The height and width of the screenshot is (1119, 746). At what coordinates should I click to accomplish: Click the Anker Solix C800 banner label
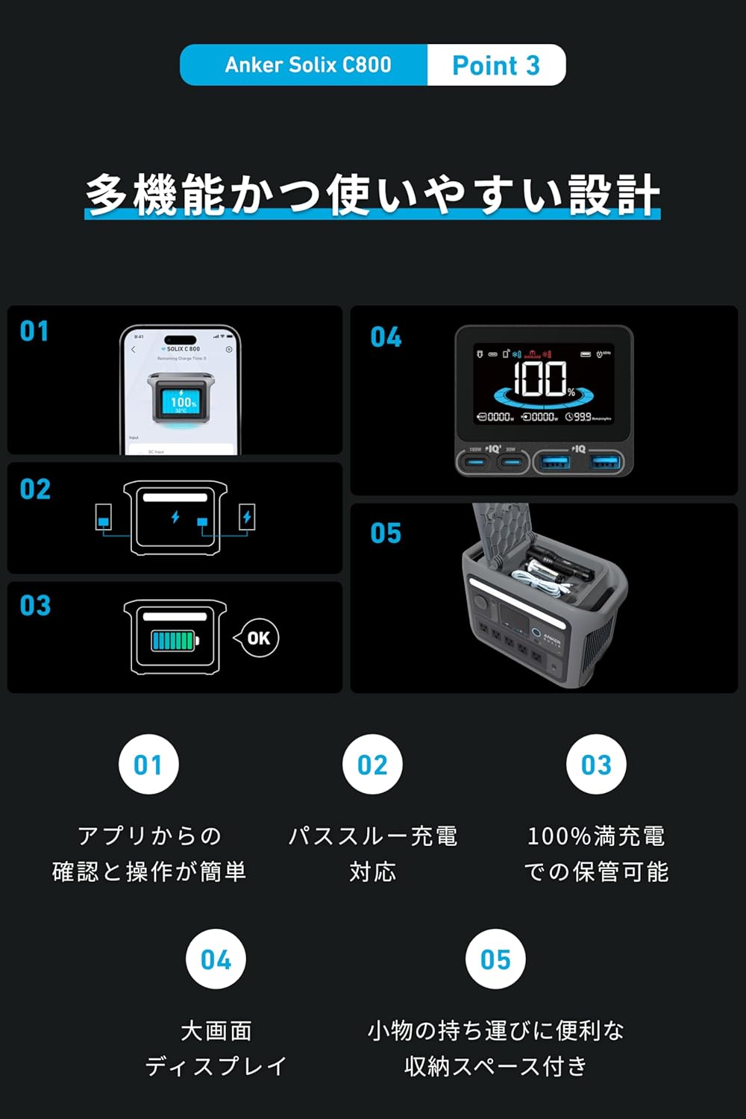coord(307,65)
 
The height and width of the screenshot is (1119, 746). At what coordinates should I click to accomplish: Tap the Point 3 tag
coord(495,66)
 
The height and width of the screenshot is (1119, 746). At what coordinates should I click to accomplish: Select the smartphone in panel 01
coord(180,389)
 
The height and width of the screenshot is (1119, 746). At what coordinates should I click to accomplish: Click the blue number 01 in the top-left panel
coord(34,330)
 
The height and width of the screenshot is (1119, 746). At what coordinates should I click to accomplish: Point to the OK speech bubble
coord(257,638)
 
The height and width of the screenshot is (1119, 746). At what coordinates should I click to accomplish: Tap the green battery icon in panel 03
coord(174,640)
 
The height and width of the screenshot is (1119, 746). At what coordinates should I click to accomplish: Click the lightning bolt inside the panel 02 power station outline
coord(175,516)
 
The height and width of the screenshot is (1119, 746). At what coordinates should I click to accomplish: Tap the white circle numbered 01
coord(148,765)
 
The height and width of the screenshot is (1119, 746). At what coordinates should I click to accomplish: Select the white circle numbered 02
coord(372,765)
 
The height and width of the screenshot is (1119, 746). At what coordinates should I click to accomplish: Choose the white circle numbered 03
coord(596,765)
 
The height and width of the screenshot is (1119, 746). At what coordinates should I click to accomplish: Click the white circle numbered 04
coord(216,959)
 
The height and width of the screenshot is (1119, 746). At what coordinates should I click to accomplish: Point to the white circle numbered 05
coord(495,959)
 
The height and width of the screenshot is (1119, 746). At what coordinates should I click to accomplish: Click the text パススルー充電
coord(372,836)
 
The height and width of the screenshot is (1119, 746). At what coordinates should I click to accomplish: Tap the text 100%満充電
coord(596,836)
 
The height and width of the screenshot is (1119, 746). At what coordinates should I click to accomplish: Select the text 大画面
coord(216,1031)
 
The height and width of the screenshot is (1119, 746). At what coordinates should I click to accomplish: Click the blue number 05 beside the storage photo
coord(386,533)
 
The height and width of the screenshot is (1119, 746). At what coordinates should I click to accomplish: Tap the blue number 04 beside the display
coord(386,337)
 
